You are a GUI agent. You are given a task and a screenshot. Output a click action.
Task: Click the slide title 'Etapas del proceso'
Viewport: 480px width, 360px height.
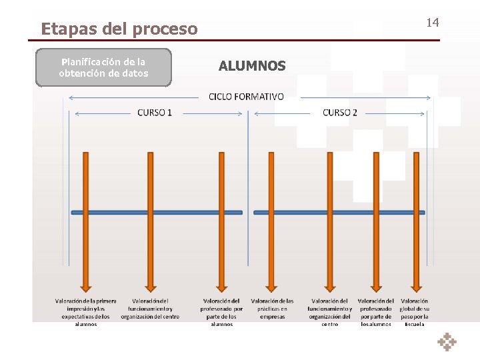(x=119, y=29)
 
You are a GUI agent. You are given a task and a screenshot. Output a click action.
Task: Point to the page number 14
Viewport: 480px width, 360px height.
(x=433, y=23)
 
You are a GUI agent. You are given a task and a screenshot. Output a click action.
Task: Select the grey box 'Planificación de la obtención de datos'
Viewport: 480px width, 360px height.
(x=103, y=67)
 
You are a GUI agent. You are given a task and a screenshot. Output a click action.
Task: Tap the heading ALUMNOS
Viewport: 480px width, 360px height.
(x=252, y=66)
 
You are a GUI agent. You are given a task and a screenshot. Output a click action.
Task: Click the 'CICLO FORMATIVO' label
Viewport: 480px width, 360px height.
(x=246, y=97)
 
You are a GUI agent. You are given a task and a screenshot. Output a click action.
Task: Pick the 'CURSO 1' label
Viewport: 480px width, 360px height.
(x=155, y=113)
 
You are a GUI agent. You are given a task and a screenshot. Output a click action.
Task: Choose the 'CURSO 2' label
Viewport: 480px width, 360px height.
(x=340, y=113)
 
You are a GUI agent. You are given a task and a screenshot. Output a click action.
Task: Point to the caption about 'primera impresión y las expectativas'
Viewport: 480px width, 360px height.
(x=85, y=312)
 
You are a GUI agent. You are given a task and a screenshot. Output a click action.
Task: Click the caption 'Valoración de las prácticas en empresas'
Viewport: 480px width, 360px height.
(x=272, y=309)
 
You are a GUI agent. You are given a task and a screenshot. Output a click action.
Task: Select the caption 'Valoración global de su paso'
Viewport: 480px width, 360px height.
(x=414, y=312)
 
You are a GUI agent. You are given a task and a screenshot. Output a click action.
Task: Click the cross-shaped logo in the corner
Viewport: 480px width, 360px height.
(x=447, y=341)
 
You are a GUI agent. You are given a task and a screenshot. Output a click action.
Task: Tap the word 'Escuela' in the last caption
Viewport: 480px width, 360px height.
(x=414, y=324)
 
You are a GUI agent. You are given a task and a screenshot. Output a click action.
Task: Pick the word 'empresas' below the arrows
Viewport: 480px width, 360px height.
(x=272, y=317)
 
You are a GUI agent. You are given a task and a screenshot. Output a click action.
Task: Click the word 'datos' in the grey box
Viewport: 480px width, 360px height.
(x=135, y=73)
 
